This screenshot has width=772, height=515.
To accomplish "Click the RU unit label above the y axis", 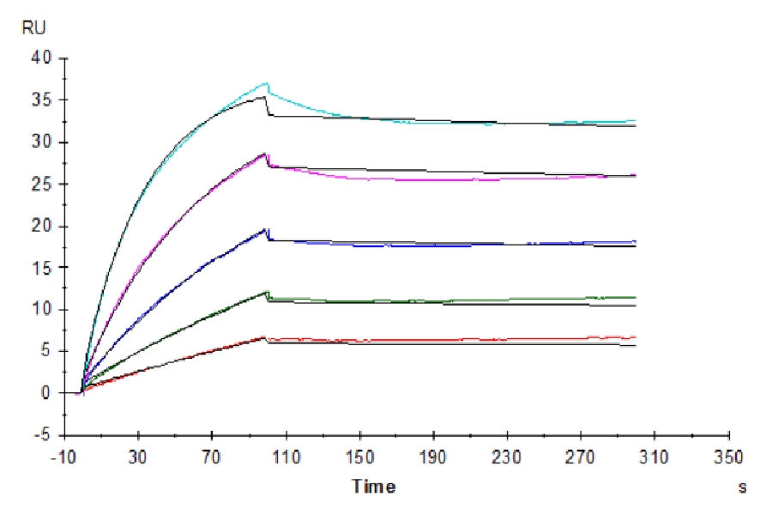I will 35,28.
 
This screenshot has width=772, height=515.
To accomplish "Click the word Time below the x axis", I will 374,487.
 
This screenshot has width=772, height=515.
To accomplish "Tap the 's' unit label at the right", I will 743,488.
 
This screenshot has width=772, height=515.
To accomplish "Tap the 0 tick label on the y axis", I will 48,393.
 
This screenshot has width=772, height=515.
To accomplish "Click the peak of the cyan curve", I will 267,83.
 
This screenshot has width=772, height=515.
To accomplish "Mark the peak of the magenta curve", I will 267,154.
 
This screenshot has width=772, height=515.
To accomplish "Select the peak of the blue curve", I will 267,229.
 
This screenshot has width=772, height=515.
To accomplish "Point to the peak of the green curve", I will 267,292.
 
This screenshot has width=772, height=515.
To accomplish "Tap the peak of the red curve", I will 266,337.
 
